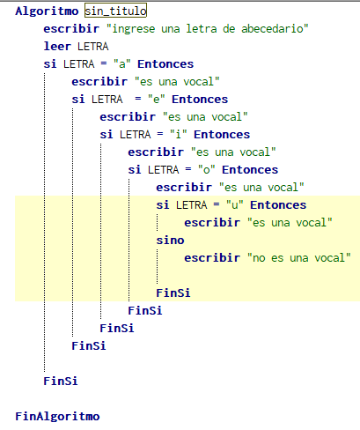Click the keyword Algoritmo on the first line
[47, 11]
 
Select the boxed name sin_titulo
[115, 11]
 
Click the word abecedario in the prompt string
[272, 29]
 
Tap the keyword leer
[57, 47]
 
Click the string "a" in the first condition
[122, 64]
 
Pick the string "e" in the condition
[156, 100]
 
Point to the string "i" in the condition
[179, 135]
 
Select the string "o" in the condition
[207, 170]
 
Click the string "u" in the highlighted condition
[235, 205]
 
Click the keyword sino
[170, 241]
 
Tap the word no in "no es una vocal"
[259, 258]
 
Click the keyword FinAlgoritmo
[57, 417]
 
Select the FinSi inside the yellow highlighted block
[173, 293]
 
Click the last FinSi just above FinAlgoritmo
[61, 382]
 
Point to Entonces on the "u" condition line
[278, 205]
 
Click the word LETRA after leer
[93, 47]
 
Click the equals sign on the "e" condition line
[138, 100]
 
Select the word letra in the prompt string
[202, 29]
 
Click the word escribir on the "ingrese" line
[71, 29]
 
